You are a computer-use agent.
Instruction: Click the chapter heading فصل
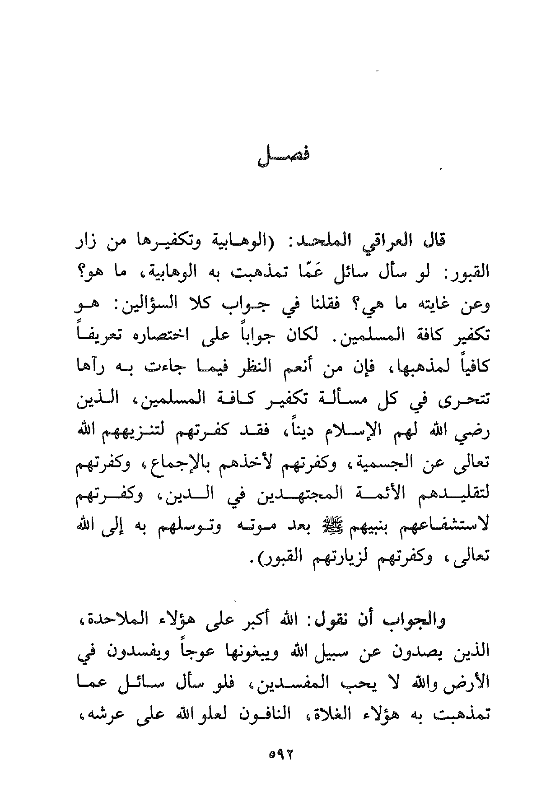pyautogui.click(x=283, y=159)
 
